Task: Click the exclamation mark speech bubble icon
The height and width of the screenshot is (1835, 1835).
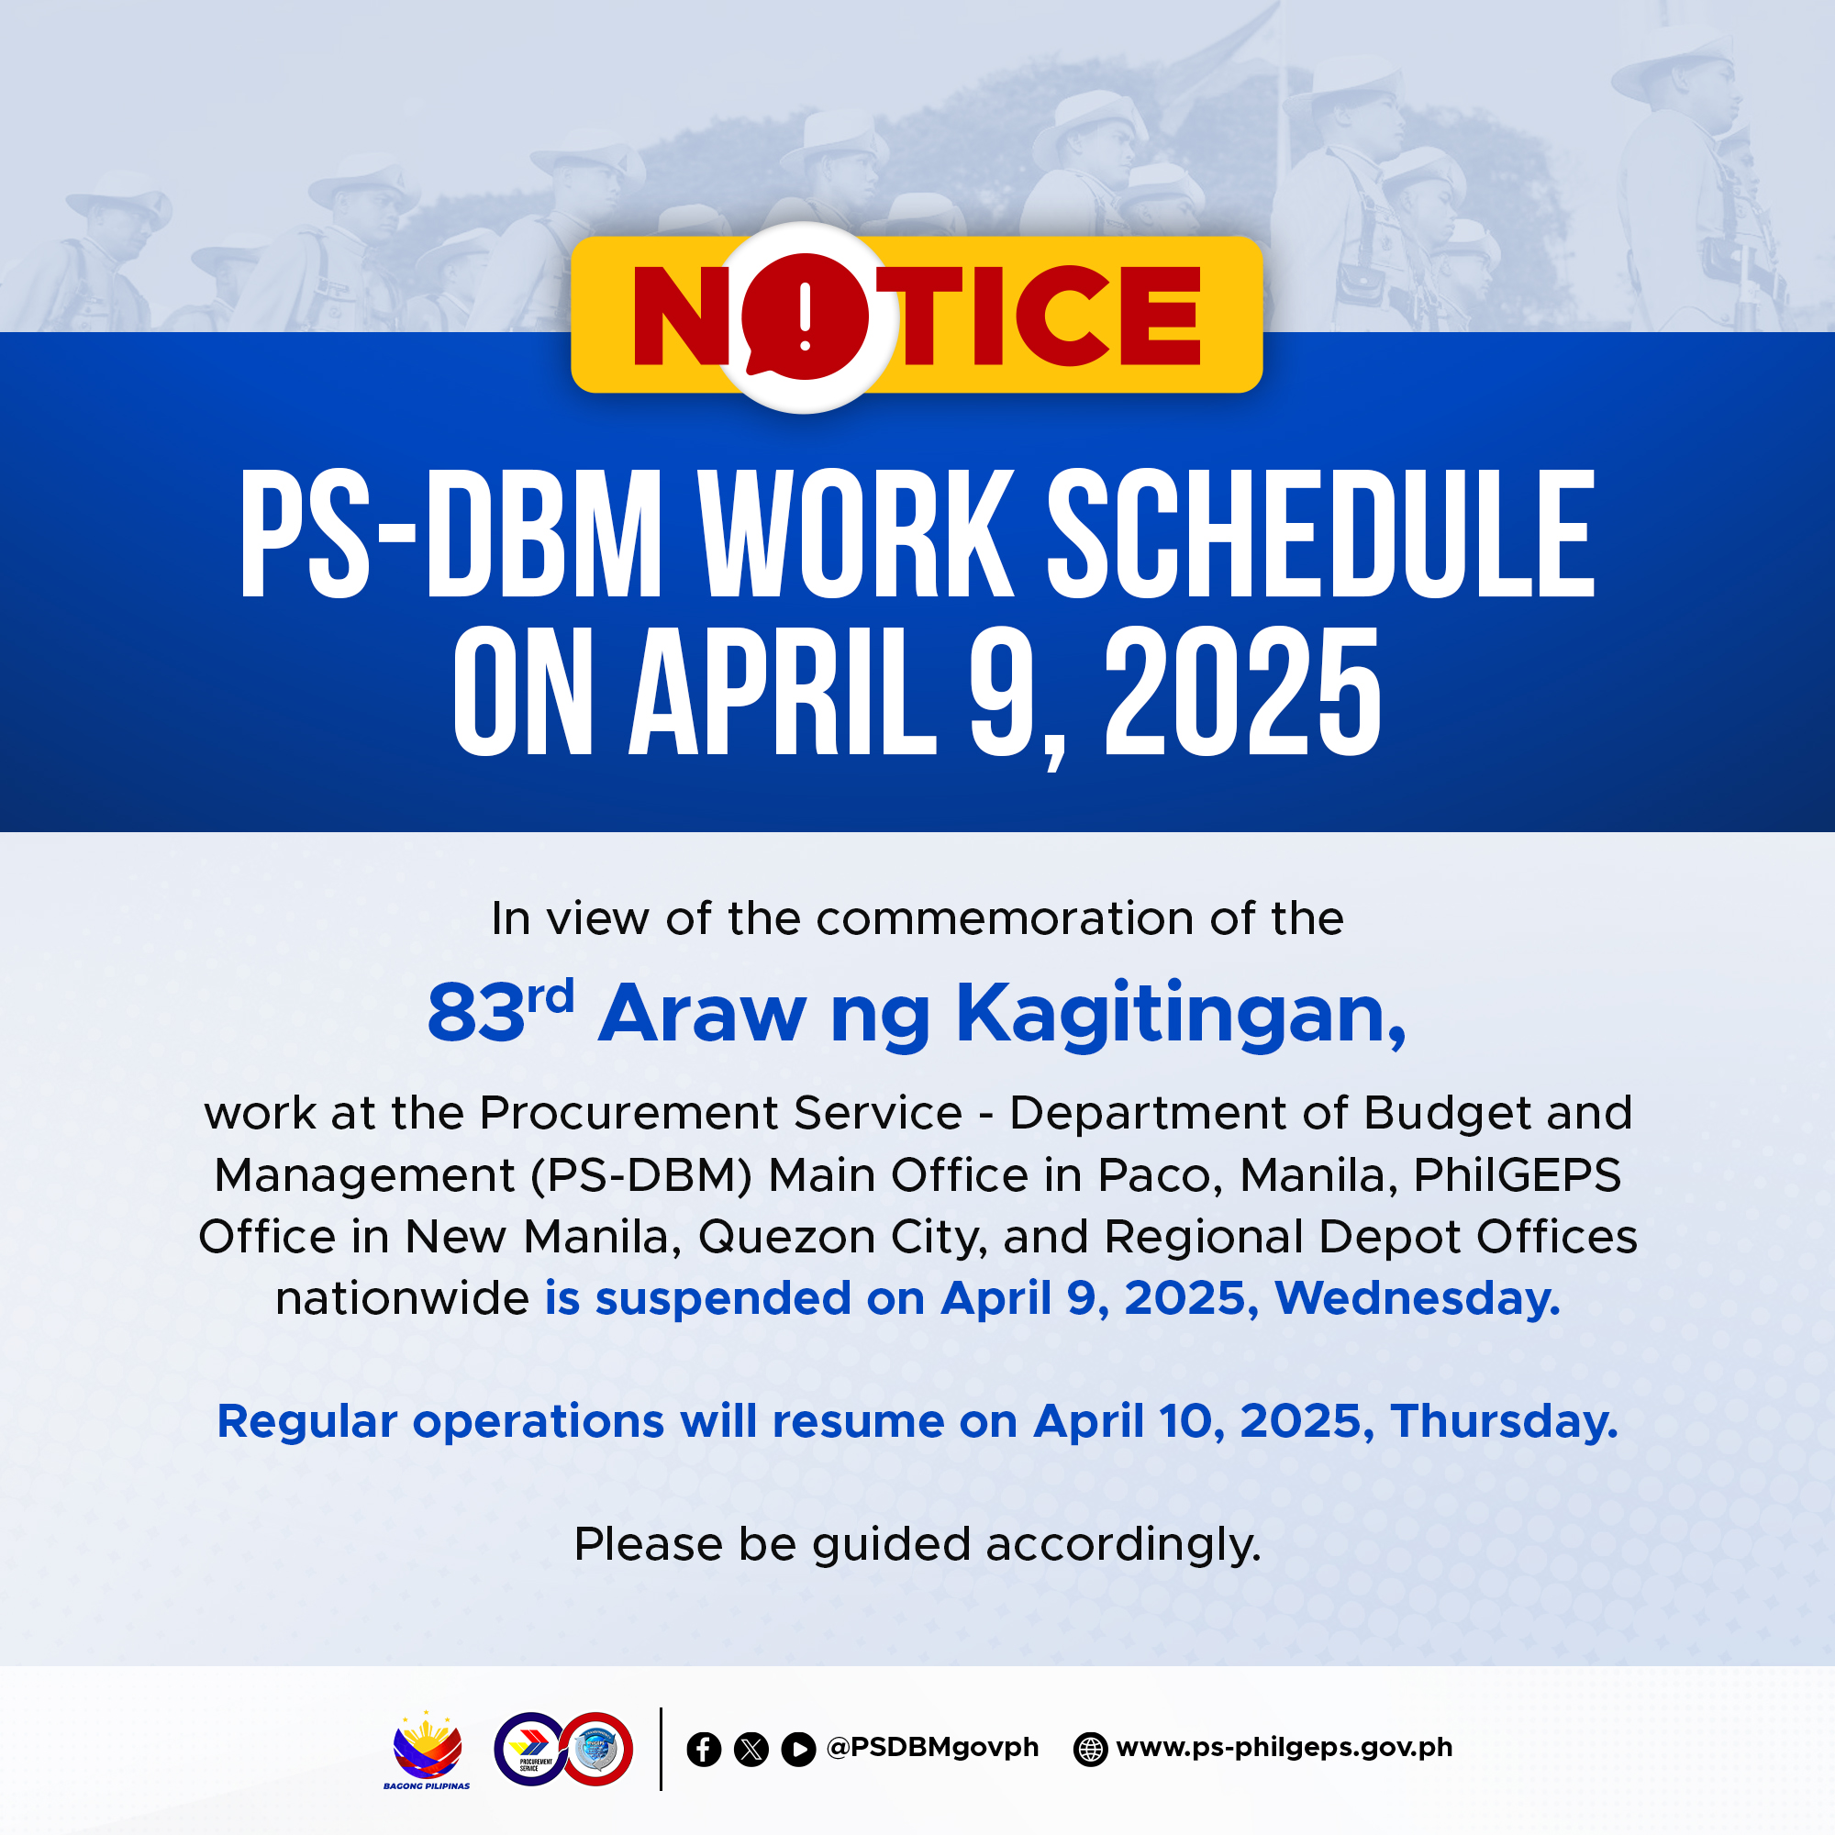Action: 805,317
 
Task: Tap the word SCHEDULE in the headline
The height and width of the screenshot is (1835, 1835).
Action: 1321,535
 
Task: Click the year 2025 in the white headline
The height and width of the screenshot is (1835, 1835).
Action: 1242,693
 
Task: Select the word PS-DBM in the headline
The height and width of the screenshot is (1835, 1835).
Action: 450,535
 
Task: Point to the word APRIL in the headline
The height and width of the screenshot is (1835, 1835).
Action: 784,693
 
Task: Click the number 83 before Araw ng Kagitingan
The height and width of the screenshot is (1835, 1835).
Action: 475,1014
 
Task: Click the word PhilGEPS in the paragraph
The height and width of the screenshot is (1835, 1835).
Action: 1517,1175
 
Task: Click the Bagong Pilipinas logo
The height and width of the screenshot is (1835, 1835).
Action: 428,1752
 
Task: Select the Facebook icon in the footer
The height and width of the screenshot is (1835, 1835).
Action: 704,1750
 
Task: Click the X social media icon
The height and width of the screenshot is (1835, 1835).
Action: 751,1750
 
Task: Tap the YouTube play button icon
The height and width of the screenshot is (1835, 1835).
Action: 799,1750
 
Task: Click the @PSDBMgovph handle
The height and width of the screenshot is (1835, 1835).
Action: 933,1748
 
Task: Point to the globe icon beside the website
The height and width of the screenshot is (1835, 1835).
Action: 1090,1750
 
